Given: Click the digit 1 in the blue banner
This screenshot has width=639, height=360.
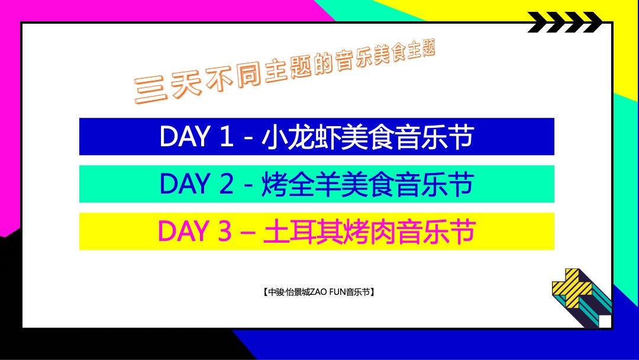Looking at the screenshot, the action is coord(227,137).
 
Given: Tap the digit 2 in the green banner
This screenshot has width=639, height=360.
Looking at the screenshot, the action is coord(226,184).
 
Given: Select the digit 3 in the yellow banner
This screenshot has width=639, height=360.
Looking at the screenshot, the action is coord(225,231).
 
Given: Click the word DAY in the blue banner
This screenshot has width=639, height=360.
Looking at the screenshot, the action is coord(185,137).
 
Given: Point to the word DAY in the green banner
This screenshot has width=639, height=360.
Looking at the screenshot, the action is coord(185,184).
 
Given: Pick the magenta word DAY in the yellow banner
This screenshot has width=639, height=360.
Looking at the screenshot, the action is coord(184,231).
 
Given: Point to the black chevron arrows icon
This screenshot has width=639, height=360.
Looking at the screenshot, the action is coord(565,22).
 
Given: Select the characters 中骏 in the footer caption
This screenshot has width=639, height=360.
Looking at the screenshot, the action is coord(276,292).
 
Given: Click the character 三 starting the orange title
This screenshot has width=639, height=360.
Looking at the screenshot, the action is coord(150,90).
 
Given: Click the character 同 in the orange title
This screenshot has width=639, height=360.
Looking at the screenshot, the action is coord(248,74).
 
